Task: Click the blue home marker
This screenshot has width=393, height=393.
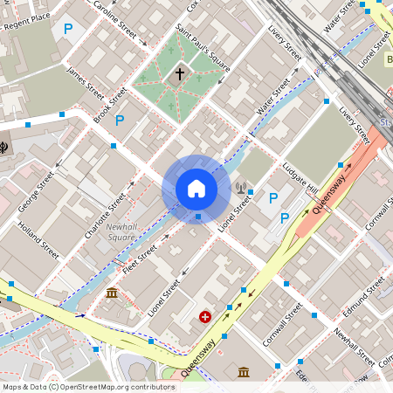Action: pos(196,188)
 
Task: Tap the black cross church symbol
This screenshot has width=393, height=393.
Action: pos(181,74)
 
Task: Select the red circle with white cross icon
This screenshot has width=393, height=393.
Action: pos(205,318)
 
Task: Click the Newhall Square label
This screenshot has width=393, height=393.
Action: pos(121,232)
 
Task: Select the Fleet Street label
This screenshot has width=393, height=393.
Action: pos(140,259)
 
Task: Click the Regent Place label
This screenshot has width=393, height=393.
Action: pos(29,22)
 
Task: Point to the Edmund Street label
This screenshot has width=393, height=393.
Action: pos(365,297)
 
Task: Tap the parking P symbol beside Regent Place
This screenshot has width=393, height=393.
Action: pos(68,29)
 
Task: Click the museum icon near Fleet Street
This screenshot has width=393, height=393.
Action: pos(112,293)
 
